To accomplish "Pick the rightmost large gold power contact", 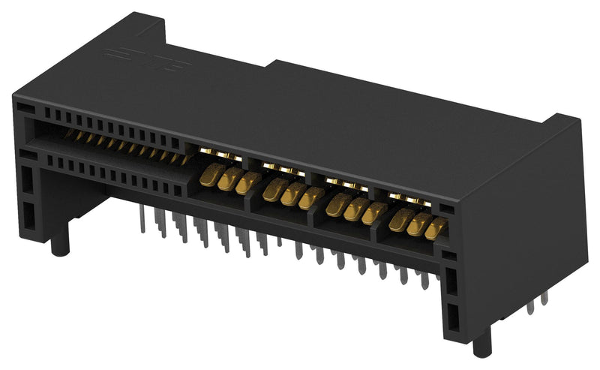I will pyautogui.click(x=435, y=228).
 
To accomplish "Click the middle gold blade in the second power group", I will pyautogui.click(x=292, y=194).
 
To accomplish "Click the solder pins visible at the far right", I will pyautogui.click(x=536, y=300).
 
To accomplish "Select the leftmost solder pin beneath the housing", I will pyautogui.click(x=142, y=221).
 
